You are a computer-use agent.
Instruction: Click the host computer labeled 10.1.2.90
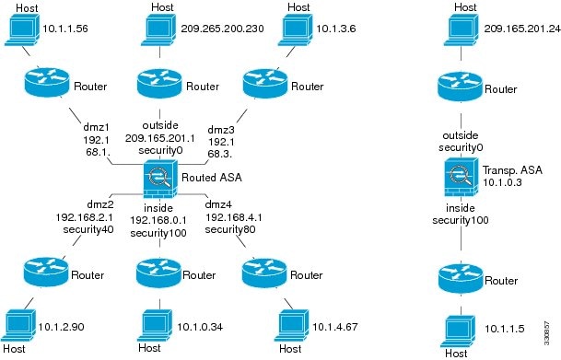23,323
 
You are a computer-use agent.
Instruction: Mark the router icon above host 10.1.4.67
262,273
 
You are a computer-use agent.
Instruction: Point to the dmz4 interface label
219,203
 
